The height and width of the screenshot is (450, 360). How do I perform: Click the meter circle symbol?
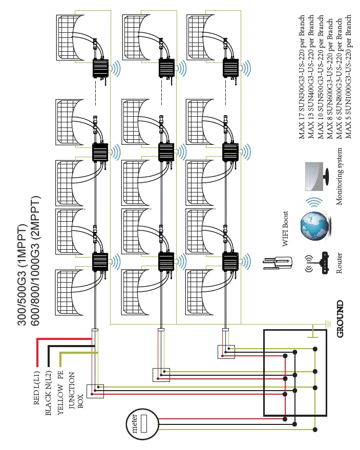pyautogui.click(x=141, y=424)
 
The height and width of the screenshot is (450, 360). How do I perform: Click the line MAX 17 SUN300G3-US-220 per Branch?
pyautogui.click(x=302, y=77)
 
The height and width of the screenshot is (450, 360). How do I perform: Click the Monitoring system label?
pyautogui.click(x=339, y=177)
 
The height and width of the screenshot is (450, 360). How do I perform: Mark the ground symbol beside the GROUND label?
pyautogui.click(x=327, y=324)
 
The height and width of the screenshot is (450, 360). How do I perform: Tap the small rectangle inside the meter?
pyautogui.click(x=144, y=424)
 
